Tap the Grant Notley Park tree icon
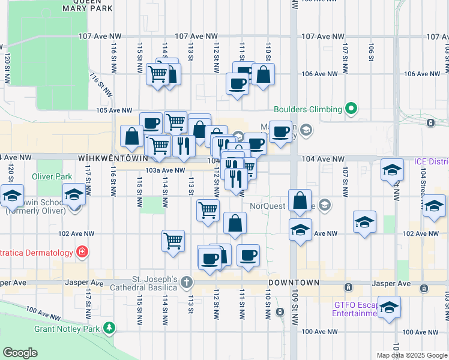pos(109,328)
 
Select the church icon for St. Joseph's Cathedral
pos(187,282)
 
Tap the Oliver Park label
pos(52,176)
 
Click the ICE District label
pos(431,162)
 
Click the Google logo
pos(20,353)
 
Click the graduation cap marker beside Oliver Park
pos(74,196)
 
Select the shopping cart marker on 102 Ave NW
pos(173,241)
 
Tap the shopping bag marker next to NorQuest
pos(300,200)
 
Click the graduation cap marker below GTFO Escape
pos(389,307)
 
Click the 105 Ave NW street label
pos(114,110)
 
